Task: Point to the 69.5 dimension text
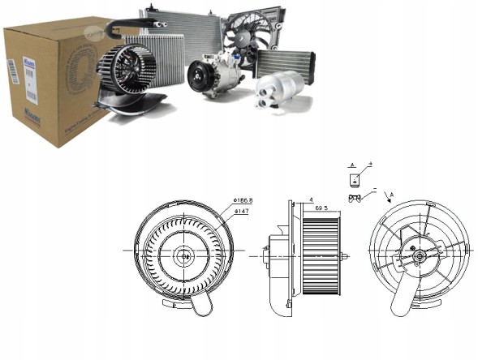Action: pos(322,208)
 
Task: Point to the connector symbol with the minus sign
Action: pos(355,197)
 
